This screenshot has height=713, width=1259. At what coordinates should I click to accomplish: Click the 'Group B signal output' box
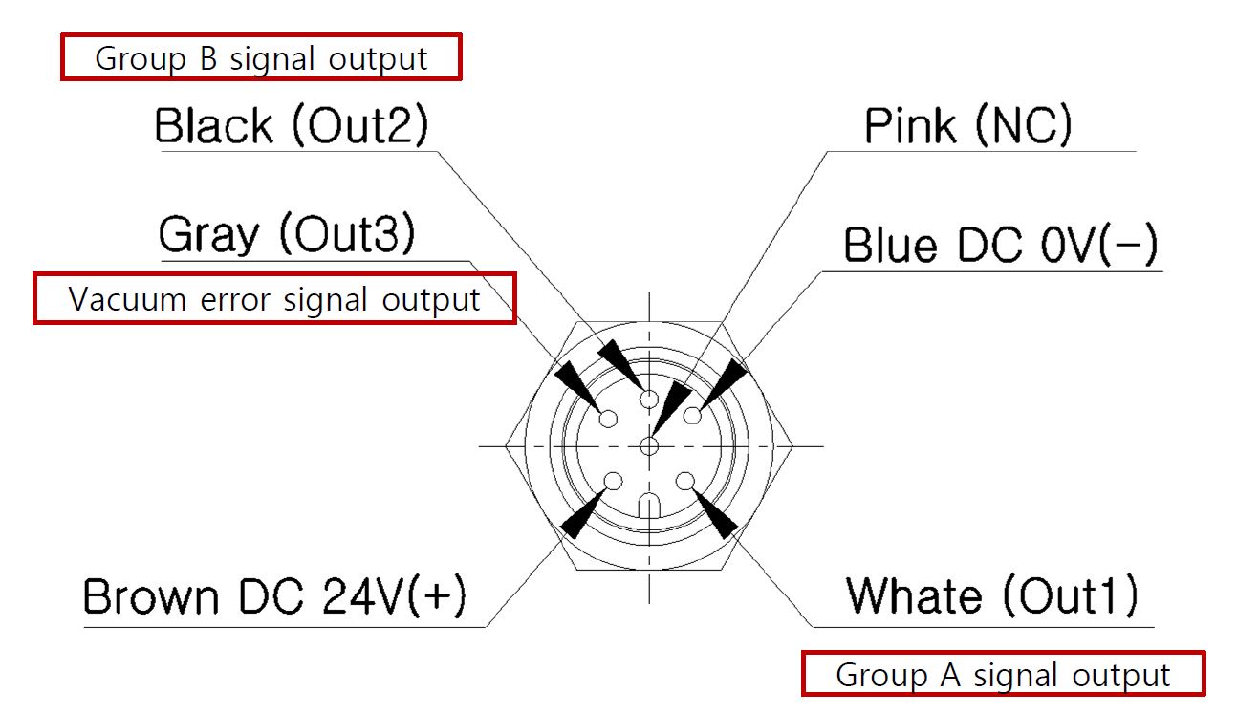[261, 58]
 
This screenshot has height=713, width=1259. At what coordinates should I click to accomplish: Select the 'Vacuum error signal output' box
[274, 299]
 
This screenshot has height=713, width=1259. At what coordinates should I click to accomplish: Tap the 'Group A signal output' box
[1003, 675]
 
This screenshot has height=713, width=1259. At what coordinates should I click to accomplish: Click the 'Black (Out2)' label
[292, 126]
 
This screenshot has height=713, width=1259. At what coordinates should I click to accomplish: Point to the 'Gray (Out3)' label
[287, 235]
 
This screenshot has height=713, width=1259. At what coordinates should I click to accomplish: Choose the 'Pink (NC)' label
[967, 126]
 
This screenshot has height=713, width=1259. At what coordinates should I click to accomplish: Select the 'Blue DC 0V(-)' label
[1000, 247]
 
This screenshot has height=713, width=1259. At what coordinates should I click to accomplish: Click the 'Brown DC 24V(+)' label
[275, 597]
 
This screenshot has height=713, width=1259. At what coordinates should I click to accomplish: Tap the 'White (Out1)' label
[991, 596]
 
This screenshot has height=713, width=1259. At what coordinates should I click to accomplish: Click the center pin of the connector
[650, 445]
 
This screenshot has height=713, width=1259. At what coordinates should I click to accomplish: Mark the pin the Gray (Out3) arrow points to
[607, 417]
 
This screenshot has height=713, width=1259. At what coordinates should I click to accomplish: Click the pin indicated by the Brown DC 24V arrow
[614, 481]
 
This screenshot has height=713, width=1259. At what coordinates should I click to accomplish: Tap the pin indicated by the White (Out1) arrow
[685, 481]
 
